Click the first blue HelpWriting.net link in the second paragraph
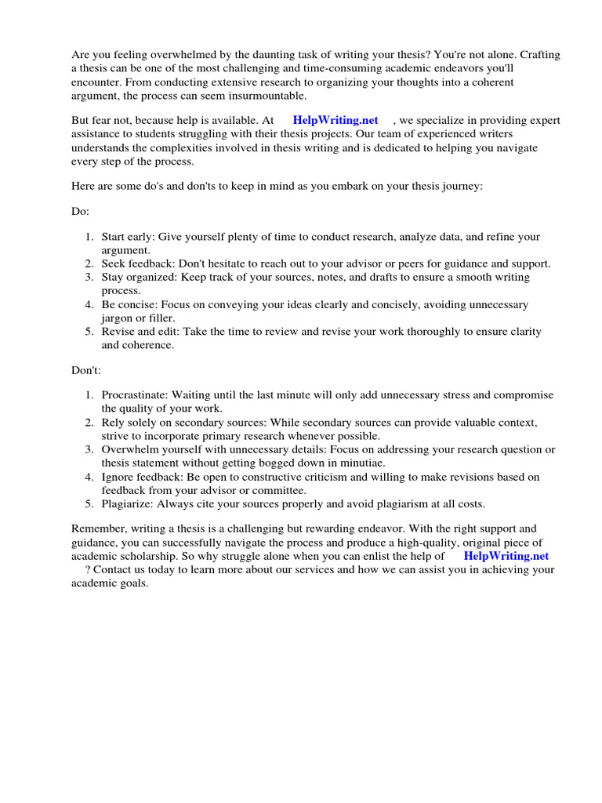335,120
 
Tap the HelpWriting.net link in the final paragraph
506,555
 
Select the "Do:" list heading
81,211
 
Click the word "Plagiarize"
127,503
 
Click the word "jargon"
118,318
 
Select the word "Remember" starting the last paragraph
98,529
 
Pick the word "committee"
281,490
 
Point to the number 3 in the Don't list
90,449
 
